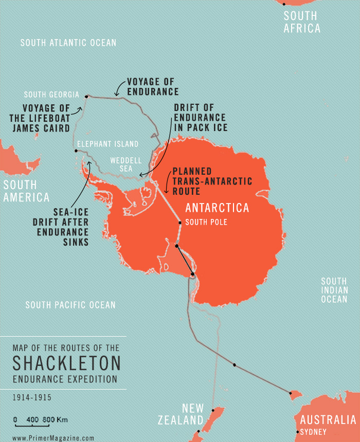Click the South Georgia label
point(51,95)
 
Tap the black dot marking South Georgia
point(87,96)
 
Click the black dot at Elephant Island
point(76,151)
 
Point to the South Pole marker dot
point(179,223)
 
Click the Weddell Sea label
point(121,164)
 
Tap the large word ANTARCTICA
point(217,208)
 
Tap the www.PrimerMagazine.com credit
point(53,438)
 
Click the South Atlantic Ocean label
point(68,43)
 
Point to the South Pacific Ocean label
point(70,305)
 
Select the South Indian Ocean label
point(334,290)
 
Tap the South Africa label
point(302,22)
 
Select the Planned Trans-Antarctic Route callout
point(212,181)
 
